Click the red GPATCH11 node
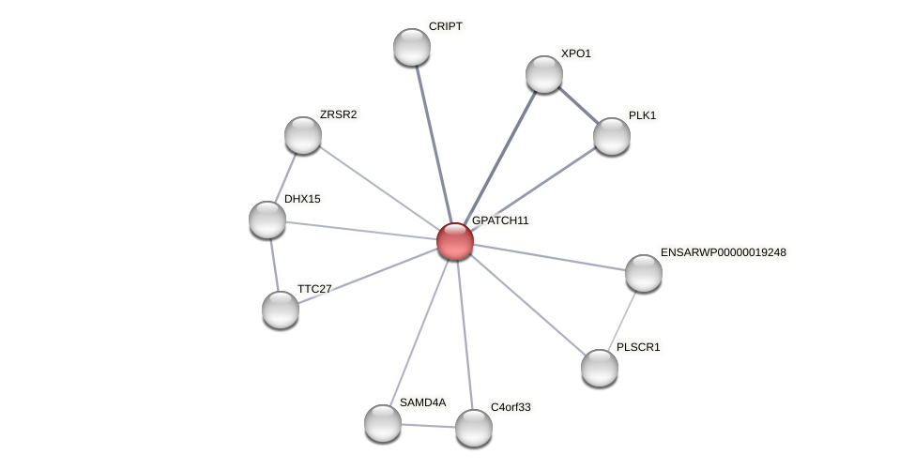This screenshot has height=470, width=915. point(455,241)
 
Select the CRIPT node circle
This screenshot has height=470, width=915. point(412,47)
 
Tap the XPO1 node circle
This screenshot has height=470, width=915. point(544,74)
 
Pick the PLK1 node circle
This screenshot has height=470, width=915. point(612,136)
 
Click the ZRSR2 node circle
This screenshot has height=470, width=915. point(303,135)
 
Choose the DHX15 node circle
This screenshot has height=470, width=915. point(267,220)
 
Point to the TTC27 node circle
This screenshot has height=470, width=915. point(281,310)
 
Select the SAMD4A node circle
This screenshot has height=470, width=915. point(383,422)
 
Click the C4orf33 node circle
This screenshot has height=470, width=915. point(474,428)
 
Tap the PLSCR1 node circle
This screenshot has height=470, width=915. point(600,367)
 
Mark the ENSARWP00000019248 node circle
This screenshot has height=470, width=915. point(644,273)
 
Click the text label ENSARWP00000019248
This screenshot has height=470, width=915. point(723,252)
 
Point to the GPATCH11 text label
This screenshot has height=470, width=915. point(500,220)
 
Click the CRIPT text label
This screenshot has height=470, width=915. point(445,26)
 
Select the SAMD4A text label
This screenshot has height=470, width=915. point(422,402)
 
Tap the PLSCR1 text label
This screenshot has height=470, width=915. point(637,347)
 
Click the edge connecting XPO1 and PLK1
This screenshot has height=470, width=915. point(578,105)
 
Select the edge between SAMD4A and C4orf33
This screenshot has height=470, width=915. point(428,425)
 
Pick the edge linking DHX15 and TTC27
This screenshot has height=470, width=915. point(274,265)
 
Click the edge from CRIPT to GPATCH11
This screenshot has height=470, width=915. point(433,141)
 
